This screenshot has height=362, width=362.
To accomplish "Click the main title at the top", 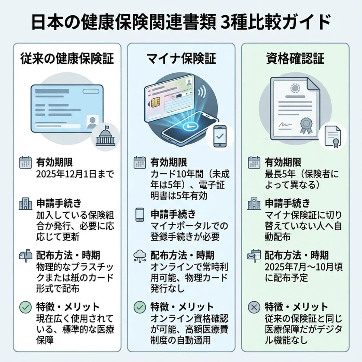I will (x=181, y=23).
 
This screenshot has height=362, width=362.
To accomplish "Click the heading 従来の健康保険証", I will (x=67, y=58).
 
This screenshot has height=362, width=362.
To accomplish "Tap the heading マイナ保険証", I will (x=181, y=58).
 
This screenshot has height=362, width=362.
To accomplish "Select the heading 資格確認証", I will (x=295, y=58).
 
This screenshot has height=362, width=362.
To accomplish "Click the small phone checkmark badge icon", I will (x=220, y=136).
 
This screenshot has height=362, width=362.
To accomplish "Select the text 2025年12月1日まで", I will (x=75, y=174).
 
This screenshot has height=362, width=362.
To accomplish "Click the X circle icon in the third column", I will (x=254, y=307).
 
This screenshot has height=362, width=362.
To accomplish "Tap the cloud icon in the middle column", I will (x=140, y=256).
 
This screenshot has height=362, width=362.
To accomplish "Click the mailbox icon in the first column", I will (x=26, y=256).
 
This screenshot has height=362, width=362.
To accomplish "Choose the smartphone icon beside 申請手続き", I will (x=140, y=214).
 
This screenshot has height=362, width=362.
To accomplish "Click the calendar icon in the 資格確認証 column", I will (x=254, y=162).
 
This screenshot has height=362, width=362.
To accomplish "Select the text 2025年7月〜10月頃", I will (x=303, y=267).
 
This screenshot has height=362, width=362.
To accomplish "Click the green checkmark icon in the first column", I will (x=26, y=307).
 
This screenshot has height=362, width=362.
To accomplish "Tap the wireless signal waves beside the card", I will (x=202, y=90).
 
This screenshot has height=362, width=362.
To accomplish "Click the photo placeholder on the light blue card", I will (x=92, y=122).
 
